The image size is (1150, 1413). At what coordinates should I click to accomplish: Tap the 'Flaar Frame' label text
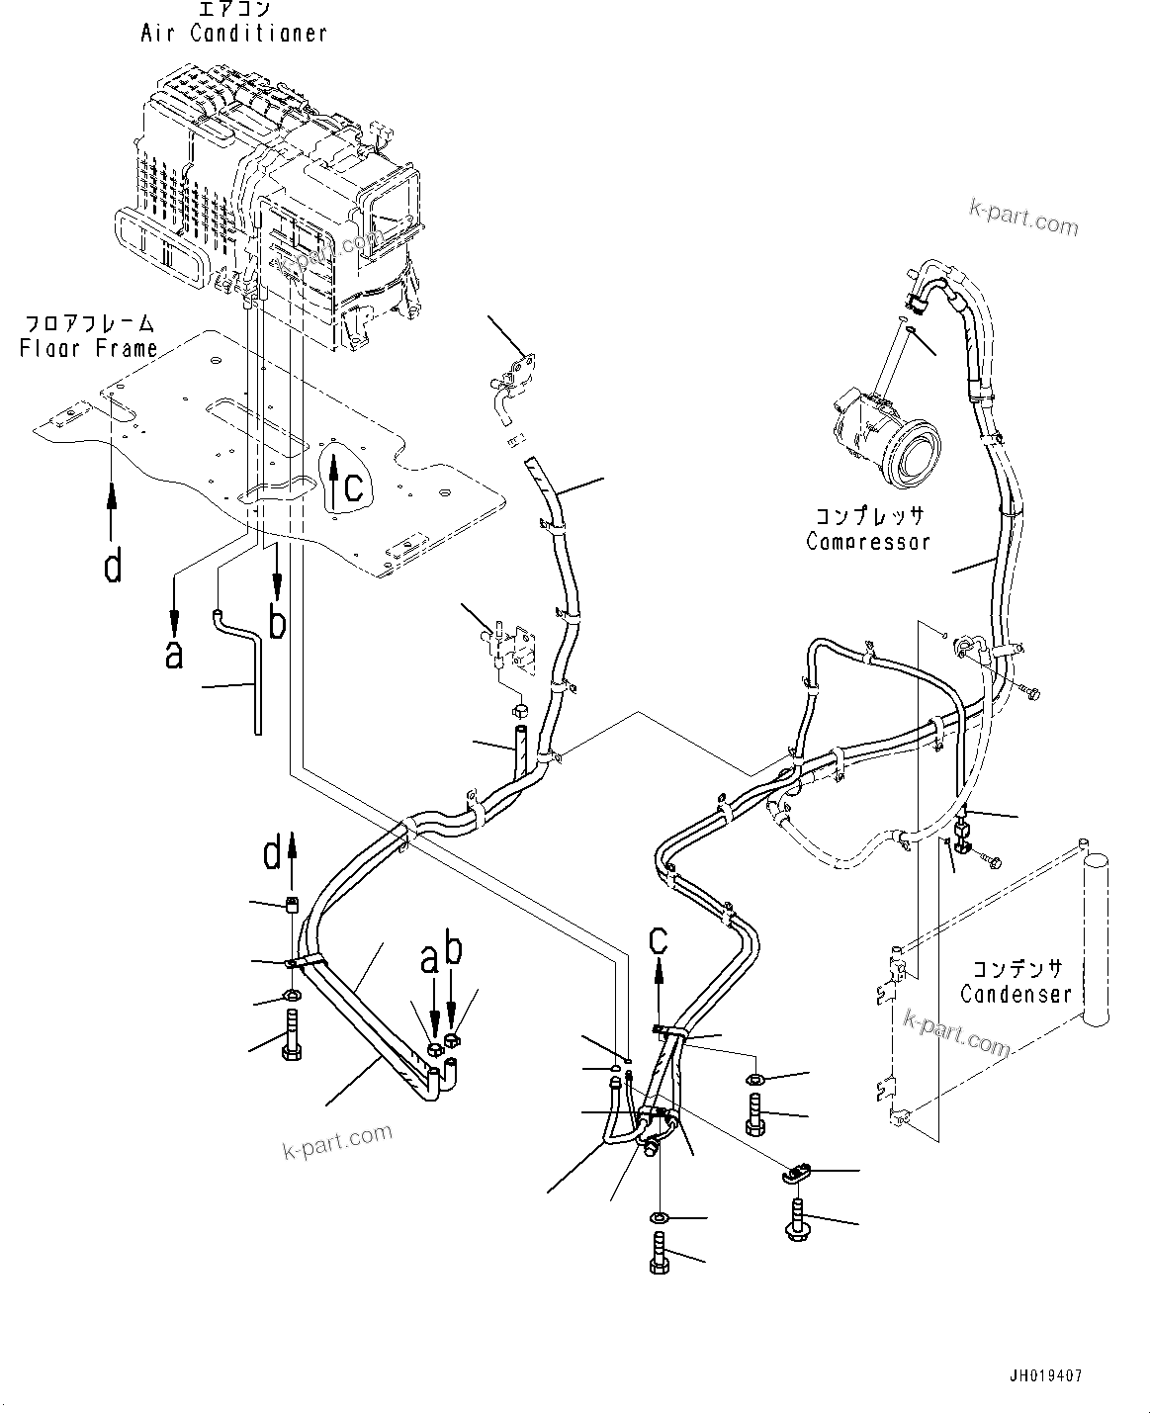point(90,348)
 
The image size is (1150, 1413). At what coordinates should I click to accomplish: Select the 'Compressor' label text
point(867,541)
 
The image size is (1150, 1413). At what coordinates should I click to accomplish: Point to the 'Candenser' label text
point(1016,993)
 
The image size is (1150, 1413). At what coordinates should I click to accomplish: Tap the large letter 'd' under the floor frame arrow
point(114,567)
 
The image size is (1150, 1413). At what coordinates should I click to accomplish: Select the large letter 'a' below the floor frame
point(174,654)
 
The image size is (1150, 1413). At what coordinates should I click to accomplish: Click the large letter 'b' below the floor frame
point(279,623)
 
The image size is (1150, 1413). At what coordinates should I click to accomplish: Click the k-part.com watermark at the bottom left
point(336,1141)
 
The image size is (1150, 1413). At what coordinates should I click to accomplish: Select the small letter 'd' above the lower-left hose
point(271,854)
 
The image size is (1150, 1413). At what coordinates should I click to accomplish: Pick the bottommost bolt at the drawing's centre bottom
point(660,1251)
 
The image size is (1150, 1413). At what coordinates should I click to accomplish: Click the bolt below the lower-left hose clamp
point(294,1036)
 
